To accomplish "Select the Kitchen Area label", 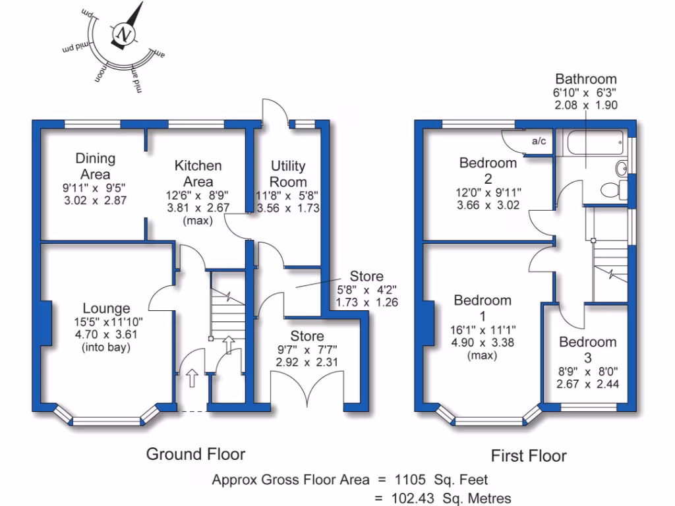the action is click(198, 173).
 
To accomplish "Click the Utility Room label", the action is click(289, 174).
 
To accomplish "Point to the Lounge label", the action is click(106, 308).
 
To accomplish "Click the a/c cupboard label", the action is click(539, 141).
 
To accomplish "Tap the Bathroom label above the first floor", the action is click(585, 79).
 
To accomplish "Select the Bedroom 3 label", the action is click(587, 349).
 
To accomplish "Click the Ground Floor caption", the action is click(196, 454).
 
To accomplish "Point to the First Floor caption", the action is click(529, 455).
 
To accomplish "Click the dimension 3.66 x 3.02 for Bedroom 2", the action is click(488, 205).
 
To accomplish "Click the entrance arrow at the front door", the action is click(192, 378).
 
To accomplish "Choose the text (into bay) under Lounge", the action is click(107, 347).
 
